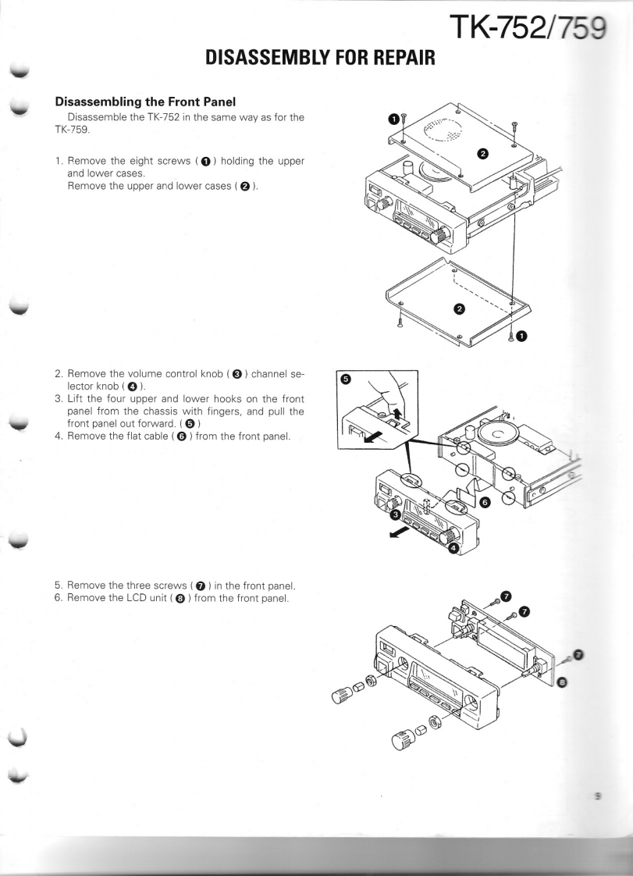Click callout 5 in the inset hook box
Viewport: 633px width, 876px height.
348,379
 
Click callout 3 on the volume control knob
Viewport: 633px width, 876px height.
396,515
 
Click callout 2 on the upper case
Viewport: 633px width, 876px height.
482,152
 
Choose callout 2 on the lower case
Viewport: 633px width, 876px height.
459,308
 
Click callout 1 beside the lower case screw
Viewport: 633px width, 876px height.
521,337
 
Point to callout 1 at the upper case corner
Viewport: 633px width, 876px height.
395,119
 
